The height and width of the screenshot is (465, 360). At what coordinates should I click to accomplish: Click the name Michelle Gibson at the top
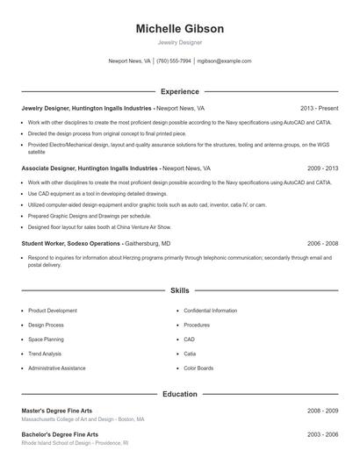click(179, 29)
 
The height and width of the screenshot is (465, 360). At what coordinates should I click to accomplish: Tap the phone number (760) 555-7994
click(174, 61)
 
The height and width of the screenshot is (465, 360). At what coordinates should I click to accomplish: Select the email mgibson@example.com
click(224, 61)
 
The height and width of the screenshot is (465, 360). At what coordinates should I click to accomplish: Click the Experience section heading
click(179, 91)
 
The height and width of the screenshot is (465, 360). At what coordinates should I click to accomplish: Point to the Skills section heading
click(179, 290)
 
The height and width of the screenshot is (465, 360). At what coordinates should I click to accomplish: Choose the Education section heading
click(179, 394)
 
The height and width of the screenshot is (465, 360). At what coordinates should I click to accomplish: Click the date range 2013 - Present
click(319, 108)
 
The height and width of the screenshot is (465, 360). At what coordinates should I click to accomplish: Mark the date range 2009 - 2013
click(322, 168)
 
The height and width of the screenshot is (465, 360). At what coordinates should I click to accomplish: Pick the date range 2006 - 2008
click(322, 243)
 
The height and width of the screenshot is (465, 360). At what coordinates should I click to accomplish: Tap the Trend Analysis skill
click(45, 354)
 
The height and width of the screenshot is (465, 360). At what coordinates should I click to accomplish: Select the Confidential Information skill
click(210, 311)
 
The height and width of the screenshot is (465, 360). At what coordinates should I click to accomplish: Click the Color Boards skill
click(198, 368)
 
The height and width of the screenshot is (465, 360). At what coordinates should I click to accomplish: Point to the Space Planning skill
click(46, 340)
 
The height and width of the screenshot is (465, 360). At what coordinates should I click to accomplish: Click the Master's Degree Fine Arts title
click(56, 410)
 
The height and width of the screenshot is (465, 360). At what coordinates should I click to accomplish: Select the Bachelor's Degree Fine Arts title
click(60, 434)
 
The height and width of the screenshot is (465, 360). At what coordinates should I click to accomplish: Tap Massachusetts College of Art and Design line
click(83, 419)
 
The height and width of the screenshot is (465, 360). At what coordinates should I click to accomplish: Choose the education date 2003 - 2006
click(322, 434)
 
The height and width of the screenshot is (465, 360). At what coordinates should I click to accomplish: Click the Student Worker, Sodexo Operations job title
click(70, 243)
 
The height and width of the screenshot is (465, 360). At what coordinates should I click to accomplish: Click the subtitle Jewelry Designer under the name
click(179, 42)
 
